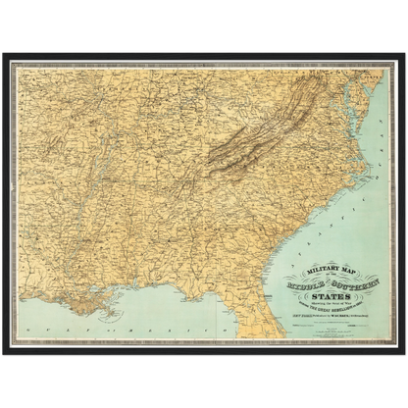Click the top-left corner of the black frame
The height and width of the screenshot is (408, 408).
[4, 52]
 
